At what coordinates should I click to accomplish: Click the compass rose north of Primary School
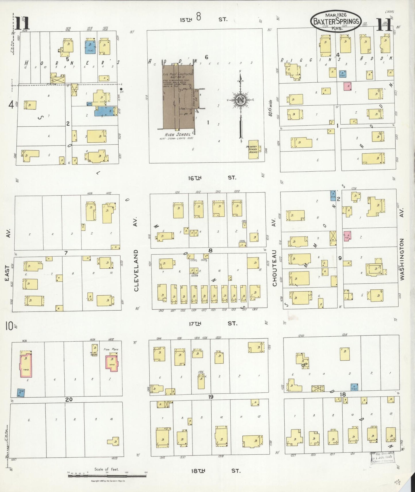pos(240,100)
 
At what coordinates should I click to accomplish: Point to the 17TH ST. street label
pos(213,324)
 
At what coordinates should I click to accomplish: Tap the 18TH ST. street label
pos(215,471)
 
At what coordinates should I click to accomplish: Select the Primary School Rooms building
pos(253,149)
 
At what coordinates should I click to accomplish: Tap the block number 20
pos(69,399)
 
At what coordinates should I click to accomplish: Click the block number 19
pos(211,397)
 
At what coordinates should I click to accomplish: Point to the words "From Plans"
pos(111,349)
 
